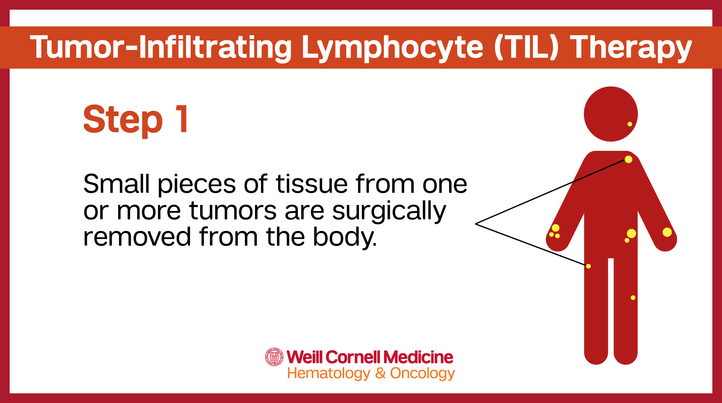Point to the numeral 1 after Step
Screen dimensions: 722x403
click(182, 119)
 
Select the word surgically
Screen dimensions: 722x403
click(389, 212)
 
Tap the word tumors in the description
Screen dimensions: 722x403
click(233, 211)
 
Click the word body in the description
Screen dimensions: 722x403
click(345, 237)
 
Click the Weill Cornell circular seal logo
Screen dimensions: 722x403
click(274, 357)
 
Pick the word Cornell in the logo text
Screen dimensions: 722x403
click(353, 357)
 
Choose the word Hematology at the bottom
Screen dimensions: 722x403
click(329, 374)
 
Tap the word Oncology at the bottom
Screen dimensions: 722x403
click(423, 374)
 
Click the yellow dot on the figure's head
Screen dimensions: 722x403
click(630, 124)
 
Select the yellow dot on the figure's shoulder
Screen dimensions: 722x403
click(628, 159)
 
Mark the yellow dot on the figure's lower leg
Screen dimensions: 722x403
click(633, 298)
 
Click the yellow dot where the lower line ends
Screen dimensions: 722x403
click(588, 266)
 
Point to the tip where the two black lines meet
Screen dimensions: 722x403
click(475, 224)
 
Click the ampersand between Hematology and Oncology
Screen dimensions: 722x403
click(380, 373)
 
